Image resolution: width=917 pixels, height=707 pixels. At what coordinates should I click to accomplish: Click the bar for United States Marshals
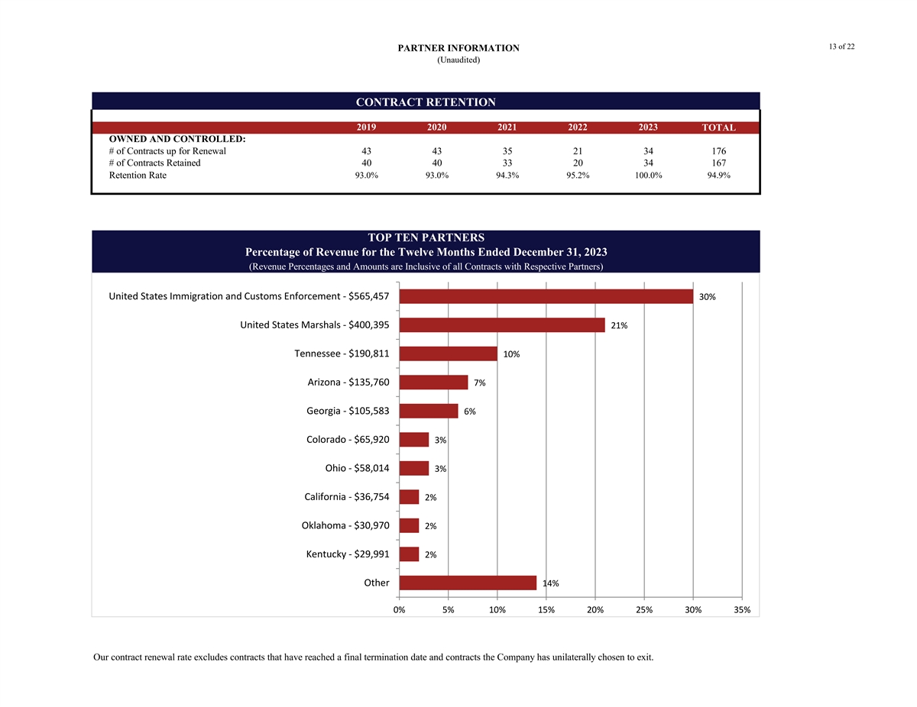pos(502,325)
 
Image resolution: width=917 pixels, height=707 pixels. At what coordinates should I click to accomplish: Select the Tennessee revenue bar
pos(448,353)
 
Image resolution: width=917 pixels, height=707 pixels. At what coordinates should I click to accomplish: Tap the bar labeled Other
pos(468,583)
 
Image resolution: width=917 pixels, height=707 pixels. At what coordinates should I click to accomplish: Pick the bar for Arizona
pos(433,383)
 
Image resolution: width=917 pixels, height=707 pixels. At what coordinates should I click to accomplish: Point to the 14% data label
pos(550,583)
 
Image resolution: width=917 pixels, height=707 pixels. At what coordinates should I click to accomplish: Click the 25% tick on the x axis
pos(644,610)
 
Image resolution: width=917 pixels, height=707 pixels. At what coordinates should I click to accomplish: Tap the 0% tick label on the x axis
pos(399,610)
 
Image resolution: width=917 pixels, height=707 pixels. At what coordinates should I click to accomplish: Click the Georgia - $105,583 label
pos(348,411)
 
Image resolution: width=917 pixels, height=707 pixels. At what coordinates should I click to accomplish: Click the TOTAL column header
pos(718,128)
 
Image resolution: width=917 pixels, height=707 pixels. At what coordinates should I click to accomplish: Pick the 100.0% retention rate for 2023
pos(648,176)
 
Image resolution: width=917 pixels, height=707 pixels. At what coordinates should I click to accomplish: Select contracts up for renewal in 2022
pos(578,151)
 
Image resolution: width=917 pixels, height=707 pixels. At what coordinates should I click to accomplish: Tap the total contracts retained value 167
pos(718,163)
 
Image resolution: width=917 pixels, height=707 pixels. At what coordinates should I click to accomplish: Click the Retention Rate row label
pos(138,176)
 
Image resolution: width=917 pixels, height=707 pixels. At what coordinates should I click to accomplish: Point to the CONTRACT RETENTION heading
pos(426,102)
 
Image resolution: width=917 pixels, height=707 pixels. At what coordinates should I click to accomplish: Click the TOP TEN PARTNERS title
pos(426,237)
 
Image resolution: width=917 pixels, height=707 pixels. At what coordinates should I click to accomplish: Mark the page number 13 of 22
pos(841,47)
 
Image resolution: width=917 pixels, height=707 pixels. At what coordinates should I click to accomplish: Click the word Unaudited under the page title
pos(458,60)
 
